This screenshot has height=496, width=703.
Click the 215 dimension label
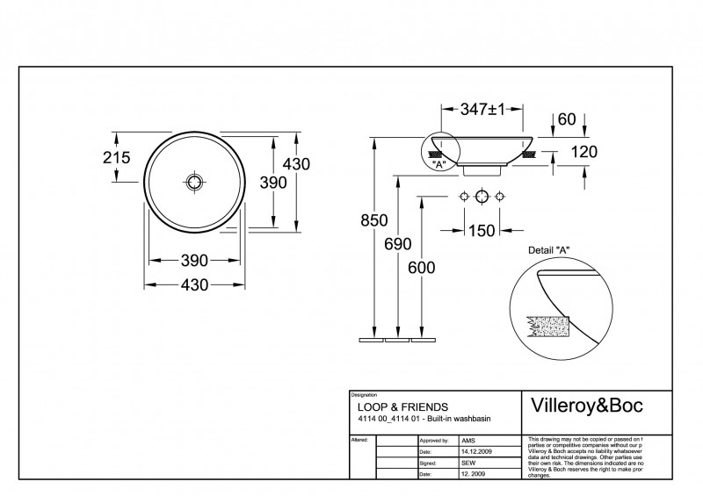click(x=116, y=158)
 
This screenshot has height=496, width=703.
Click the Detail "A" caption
click(x=548, y=250)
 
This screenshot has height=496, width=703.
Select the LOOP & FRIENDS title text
click(x=402, y=407)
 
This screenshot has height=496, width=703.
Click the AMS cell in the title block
click(x=469, y=439)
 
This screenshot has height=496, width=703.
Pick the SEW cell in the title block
click(x=469, y=462)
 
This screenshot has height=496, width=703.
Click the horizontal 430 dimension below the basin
click(x=194, y=284)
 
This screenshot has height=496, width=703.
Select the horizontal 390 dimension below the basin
click(x=194, y=260)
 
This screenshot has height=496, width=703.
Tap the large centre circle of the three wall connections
click(x=481, y=196)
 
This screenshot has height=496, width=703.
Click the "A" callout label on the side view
click(x=437, y=163)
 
